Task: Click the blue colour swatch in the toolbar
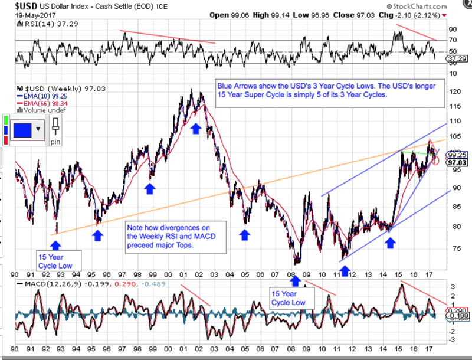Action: coord(24,129)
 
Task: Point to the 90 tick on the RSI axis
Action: coord(453,28)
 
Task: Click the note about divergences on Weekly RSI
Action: coord(169,236)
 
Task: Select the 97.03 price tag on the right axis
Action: coord(457,162)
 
